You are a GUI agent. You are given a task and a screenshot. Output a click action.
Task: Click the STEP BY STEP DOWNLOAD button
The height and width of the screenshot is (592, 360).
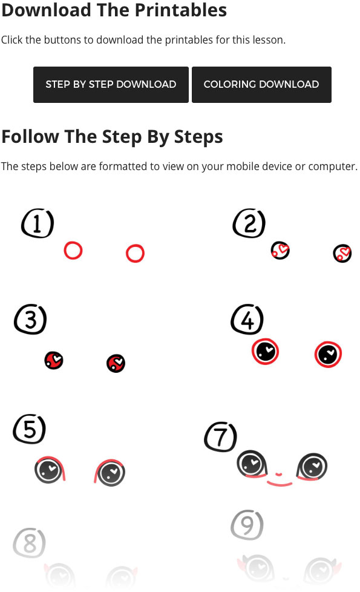pyautogui.click(x=111, y=85)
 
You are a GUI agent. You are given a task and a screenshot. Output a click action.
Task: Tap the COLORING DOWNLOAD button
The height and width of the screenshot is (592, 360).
pyautogui.click(x=261, y=85)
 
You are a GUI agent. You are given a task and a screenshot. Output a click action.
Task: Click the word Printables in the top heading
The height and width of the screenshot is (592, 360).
pyautogui.click(x=181, y=10)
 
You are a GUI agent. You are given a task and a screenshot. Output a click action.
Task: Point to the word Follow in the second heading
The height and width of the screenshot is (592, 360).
pyautogui.click(x=30, y=136)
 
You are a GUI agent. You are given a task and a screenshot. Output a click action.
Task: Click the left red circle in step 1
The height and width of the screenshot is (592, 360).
pyautogui.click(x=73, y=242)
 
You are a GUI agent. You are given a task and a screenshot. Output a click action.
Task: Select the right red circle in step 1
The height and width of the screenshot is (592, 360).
pyautogui.click(x=135, y=245)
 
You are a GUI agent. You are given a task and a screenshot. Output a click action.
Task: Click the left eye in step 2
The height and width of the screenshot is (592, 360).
pyautogui.click(x=280, y=251)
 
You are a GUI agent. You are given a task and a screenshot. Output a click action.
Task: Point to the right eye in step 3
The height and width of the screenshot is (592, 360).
pyautogui.click(x=116, y=364)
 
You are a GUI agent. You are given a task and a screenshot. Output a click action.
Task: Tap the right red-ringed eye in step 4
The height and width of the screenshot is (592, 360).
pyautogui.click(x=328, y=355)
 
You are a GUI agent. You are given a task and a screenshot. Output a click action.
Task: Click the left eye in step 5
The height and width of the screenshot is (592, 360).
pyautogui.click(x=50, y=470)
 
